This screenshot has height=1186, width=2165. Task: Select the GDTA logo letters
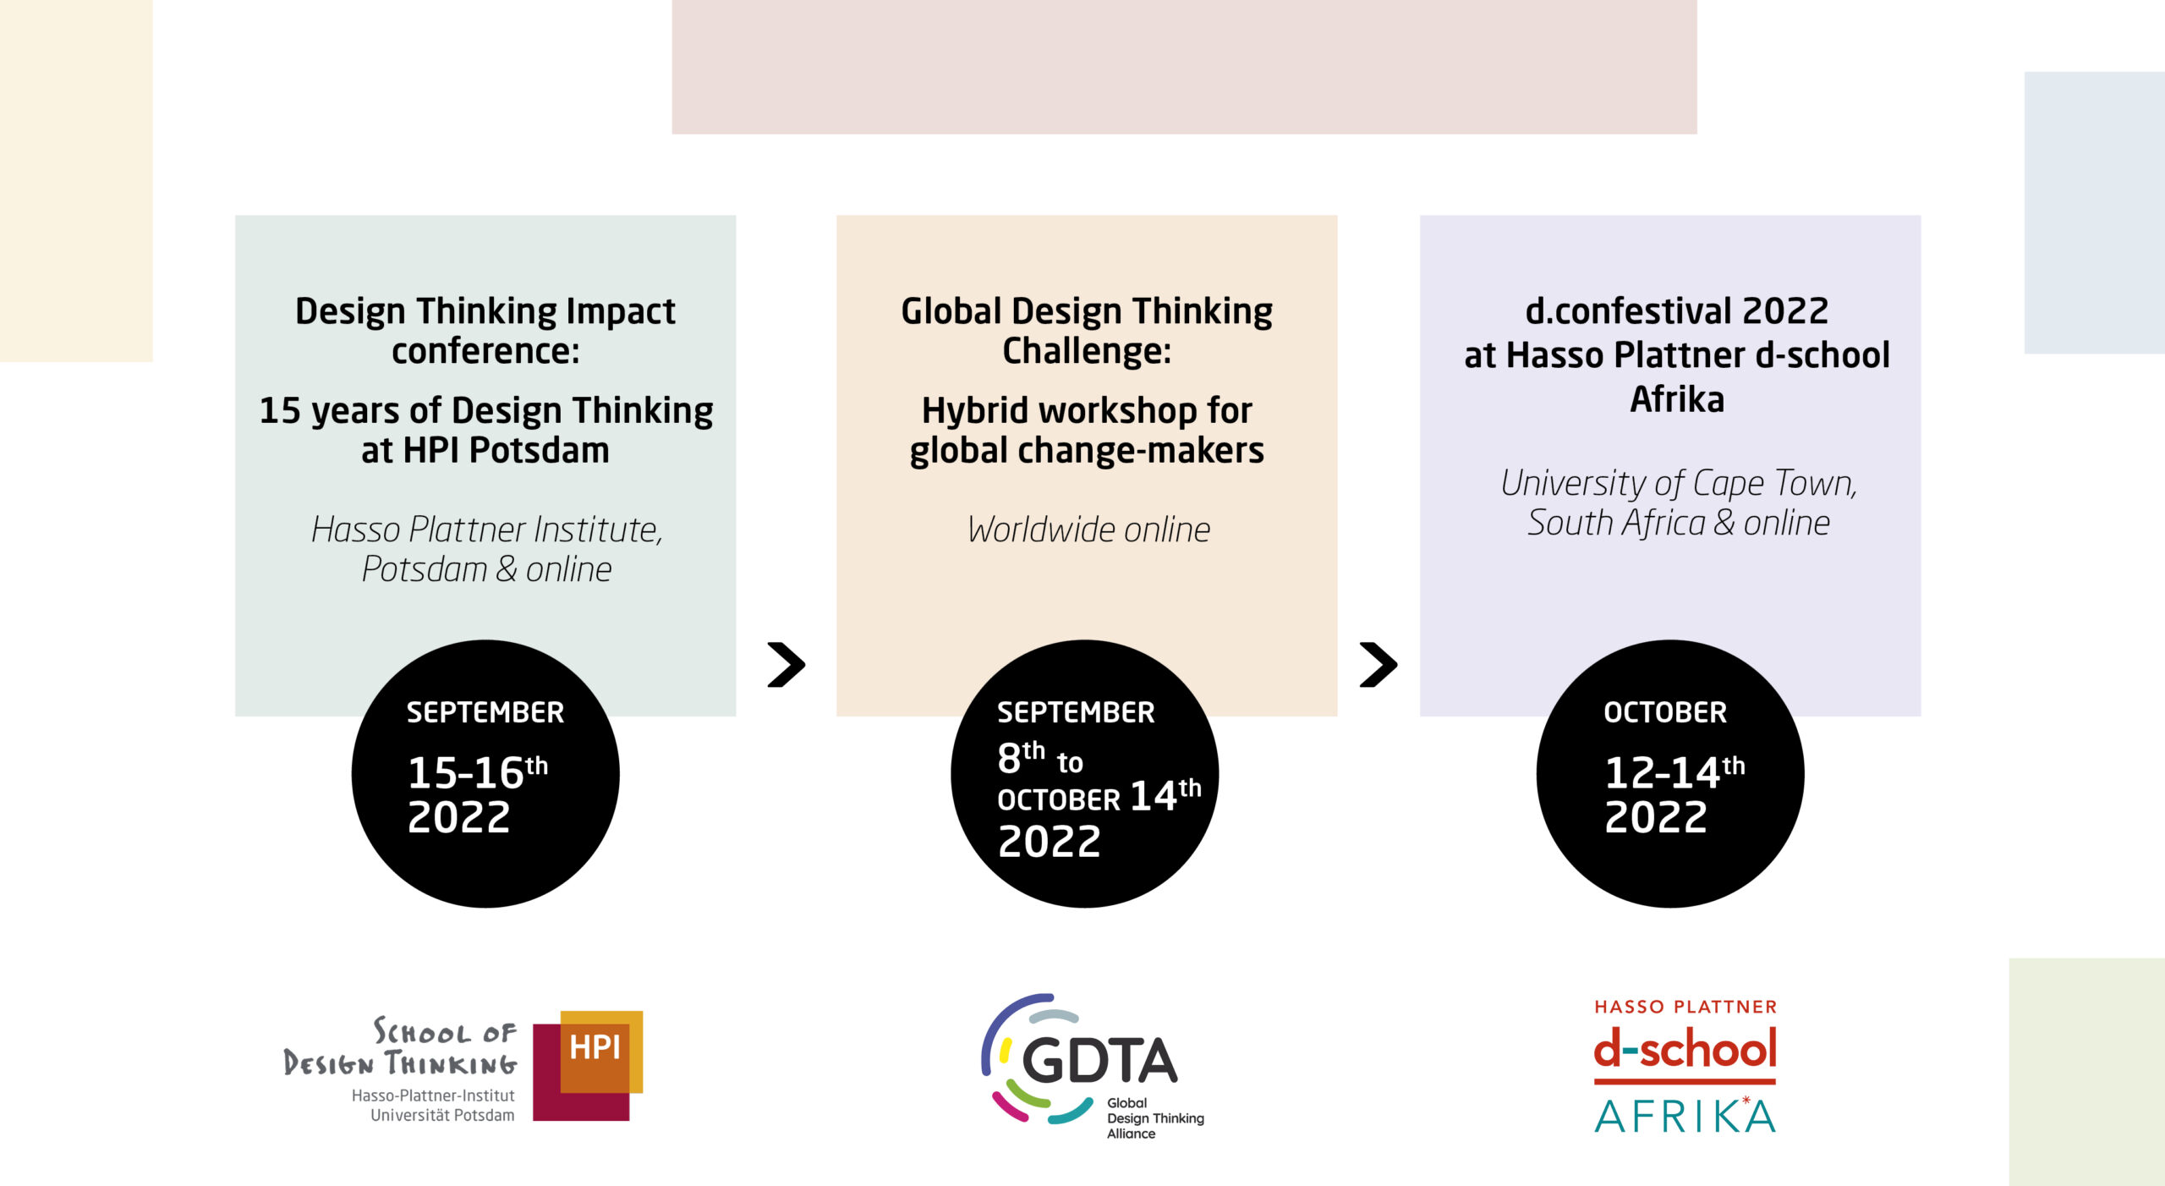point(1099,1061)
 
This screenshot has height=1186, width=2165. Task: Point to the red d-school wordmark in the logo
point(1685,1049)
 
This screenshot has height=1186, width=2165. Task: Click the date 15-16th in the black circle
point(478,771)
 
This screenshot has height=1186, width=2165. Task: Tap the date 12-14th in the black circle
point(1674,771)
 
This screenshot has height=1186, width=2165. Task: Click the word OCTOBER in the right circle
point(1665,712)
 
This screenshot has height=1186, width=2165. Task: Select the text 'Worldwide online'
point(1089,530)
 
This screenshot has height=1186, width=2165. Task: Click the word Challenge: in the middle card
point(1087,350)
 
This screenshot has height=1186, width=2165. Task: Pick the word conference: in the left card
point(485,350)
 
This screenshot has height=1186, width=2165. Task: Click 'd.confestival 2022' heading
point(1677,310)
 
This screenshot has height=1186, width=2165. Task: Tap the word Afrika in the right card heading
point(1677,398)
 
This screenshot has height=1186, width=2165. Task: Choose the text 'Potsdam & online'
point(486,569)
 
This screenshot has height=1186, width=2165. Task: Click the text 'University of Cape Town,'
point(1679,483)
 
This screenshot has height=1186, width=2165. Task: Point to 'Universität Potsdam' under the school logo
point(442,1115)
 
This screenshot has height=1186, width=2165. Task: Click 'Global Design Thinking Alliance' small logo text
point(1155,1117)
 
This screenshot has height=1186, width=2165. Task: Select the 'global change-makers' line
point(1087,450)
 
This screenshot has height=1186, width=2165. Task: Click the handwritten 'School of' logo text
point(445,1031)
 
